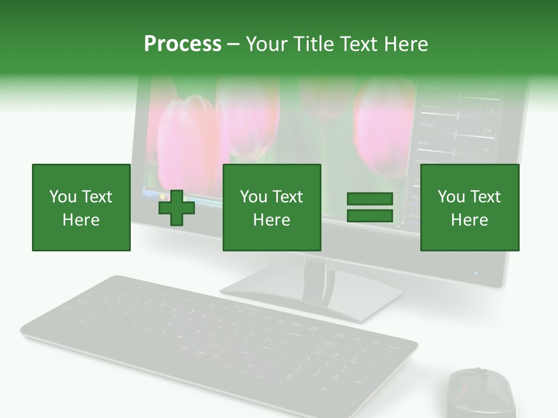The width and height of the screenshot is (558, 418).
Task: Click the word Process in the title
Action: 183,44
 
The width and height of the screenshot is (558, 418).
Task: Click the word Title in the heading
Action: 312,44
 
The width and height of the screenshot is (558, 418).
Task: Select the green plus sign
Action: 177,207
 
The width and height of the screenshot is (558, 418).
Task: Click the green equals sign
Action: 370,207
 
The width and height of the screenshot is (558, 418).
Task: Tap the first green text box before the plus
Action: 81,207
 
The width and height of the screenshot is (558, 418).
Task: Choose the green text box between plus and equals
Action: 271,207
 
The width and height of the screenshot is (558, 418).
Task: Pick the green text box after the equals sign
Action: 469,207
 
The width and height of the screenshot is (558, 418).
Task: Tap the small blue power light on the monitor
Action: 476,272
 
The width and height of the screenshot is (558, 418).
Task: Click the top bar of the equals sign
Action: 370,199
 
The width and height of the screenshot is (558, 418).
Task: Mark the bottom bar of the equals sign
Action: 370,215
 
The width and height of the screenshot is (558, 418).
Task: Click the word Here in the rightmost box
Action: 469,220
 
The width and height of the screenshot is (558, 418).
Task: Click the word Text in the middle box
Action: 287,197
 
